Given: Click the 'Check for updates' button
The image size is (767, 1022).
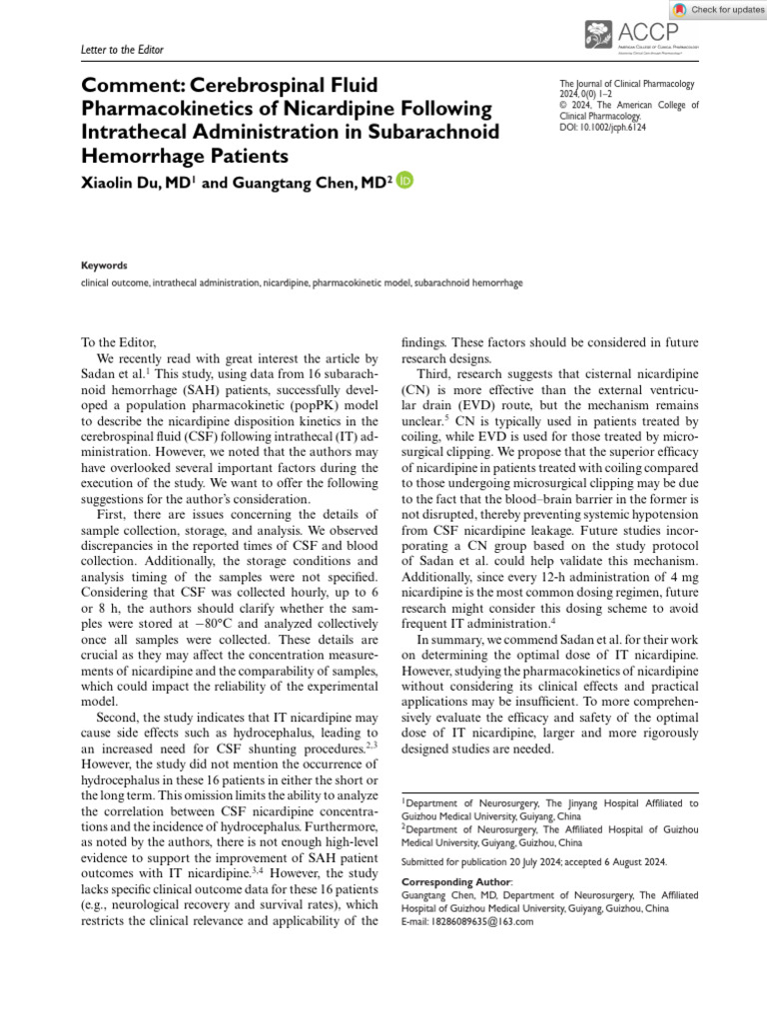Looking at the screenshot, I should tap(718, 10).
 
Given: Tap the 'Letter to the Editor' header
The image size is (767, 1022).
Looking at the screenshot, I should tap(122, 49).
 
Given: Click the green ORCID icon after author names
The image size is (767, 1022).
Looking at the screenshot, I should tap(404, 181).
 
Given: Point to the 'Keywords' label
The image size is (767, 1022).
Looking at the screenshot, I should tap(104, 265).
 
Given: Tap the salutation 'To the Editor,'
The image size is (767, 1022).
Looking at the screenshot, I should tap(118, 342).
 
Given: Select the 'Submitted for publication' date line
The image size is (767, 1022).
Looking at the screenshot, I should tap(533, 861).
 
